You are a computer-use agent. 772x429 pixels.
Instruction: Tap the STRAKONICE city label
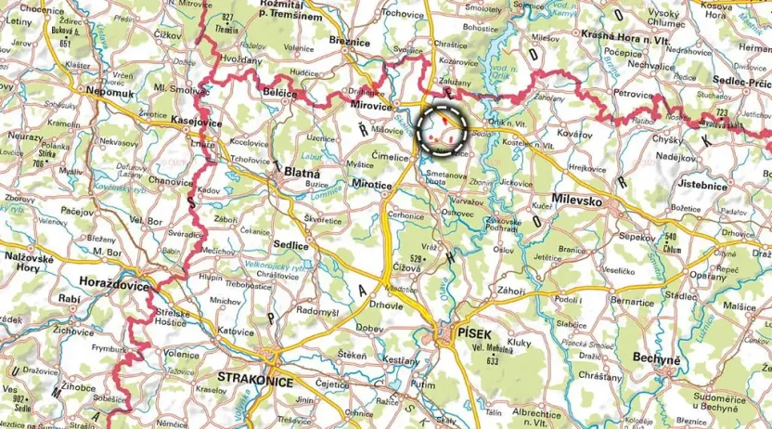point(254,381)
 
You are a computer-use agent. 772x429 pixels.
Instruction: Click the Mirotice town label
point(375,187)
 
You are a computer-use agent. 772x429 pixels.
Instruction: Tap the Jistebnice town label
point(727,185)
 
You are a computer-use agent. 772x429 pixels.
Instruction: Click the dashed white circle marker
point(442,129)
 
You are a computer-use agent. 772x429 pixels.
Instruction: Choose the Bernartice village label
point(633,303)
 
